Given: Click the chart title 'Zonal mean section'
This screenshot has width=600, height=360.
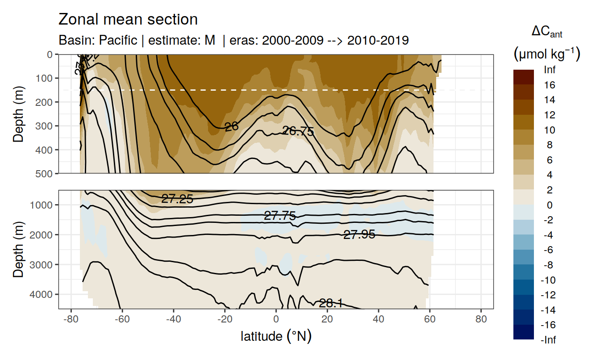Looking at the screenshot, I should (128, 20).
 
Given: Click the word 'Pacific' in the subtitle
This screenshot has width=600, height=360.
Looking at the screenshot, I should (118, 40).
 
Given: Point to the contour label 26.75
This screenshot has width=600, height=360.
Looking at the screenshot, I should (298, 131).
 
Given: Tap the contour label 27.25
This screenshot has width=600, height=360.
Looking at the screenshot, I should (177, 199).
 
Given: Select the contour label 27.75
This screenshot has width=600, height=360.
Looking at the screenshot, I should (280, 216).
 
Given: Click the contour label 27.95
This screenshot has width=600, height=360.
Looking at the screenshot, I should (359, 234).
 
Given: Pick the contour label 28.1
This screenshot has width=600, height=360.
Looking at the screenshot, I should (330, 304).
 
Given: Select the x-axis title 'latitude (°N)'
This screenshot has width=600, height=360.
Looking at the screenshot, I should (276, 336).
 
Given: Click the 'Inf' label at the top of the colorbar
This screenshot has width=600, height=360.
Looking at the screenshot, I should (550, 70).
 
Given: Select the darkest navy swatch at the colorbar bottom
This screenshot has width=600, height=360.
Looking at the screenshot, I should (523, 332).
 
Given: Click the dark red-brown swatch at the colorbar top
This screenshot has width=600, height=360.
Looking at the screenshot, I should (523, 77).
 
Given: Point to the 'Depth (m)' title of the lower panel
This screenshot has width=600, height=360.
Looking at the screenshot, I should (18, 249).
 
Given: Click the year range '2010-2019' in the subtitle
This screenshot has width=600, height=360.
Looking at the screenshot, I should (378, 40).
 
